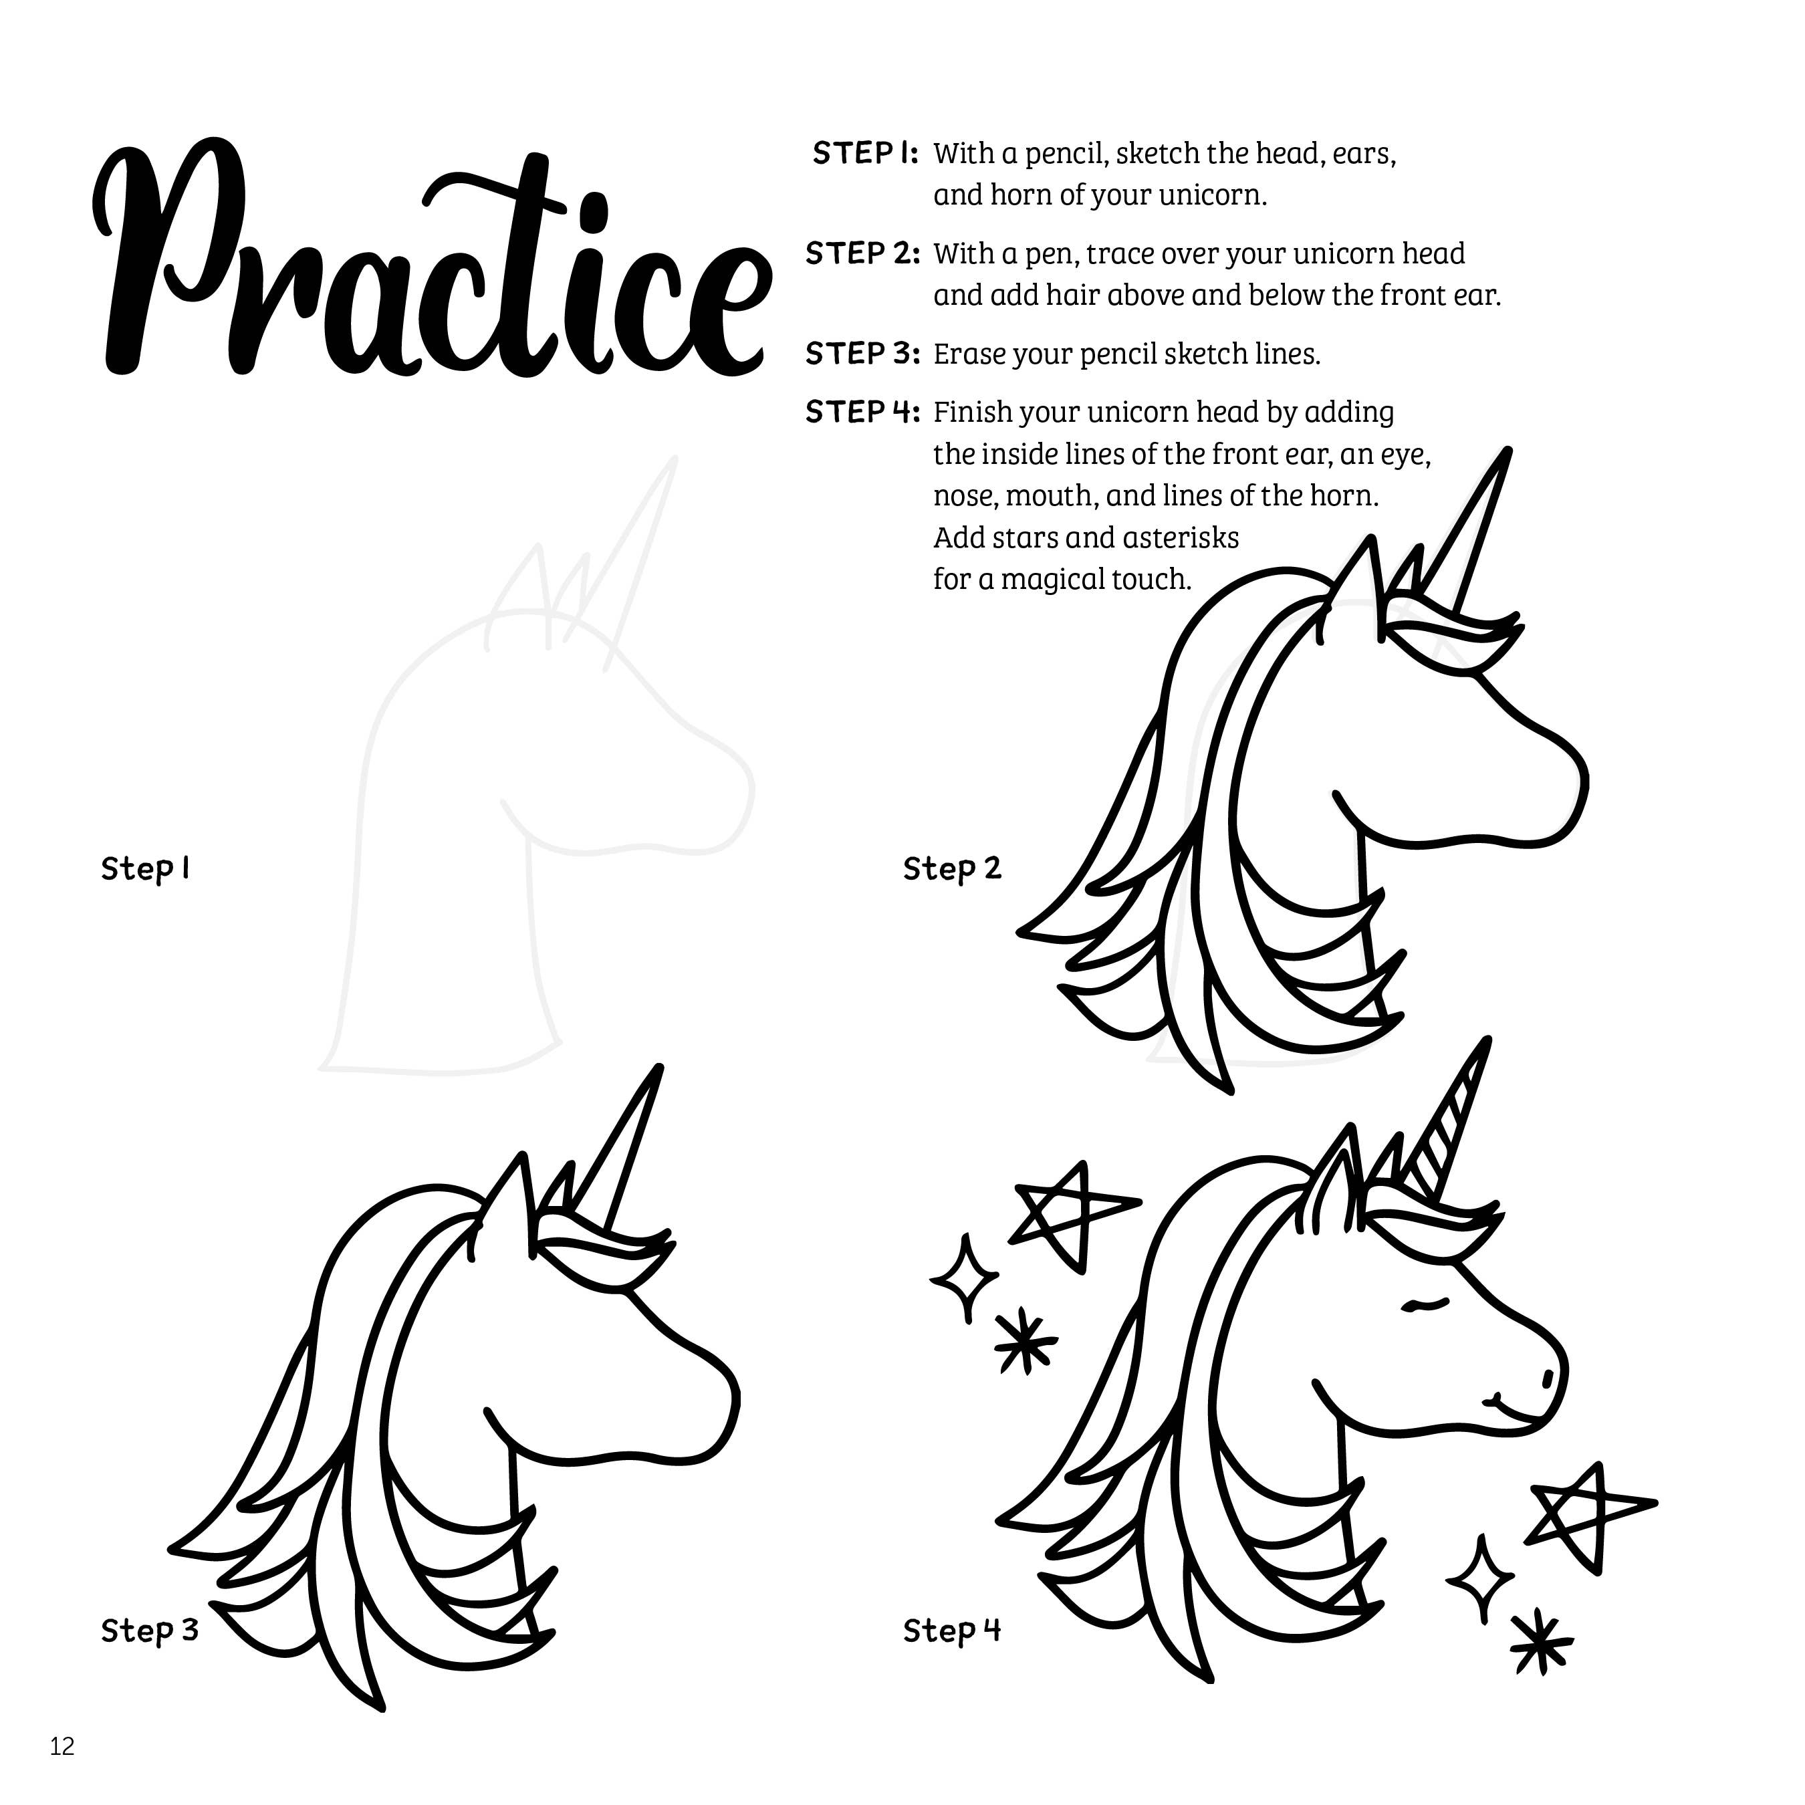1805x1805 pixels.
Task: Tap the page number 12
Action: click(63, 1746)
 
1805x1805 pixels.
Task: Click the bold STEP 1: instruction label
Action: click(865, 153)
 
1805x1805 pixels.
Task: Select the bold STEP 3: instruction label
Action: click(862, 354)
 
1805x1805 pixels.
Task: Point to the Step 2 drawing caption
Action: click(952, 869)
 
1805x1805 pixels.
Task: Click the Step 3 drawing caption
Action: click(150, 1631)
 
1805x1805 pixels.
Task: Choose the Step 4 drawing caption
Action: click(952, 1631)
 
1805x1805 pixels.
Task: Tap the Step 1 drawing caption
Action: click(146, 869)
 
